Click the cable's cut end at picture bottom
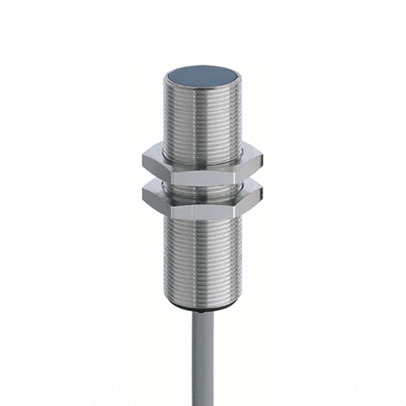pyautogui.click(x=202, y=403)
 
